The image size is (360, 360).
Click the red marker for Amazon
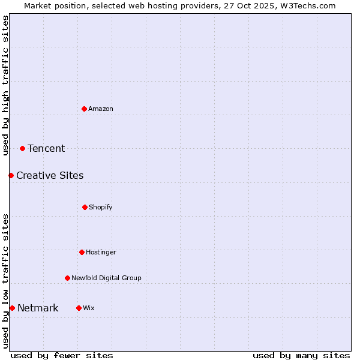84,109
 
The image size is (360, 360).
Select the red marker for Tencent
23,148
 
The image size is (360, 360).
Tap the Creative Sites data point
11,175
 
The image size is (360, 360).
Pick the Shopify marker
85,207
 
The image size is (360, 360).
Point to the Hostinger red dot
82,252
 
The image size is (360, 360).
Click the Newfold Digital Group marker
67,278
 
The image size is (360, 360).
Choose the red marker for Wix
79,308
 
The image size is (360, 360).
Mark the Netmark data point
12,308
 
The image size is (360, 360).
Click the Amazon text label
101,109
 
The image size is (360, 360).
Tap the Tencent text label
46,148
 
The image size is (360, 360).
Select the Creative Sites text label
50,175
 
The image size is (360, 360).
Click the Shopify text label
101,207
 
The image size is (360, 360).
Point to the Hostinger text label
101,252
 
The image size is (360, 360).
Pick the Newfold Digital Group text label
106,278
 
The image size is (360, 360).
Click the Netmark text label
38,308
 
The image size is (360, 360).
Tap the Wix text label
89,308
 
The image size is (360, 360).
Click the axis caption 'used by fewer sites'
62,355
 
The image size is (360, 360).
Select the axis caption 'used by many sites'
301,355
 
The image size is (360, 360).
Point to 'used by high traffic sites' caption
5,85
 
